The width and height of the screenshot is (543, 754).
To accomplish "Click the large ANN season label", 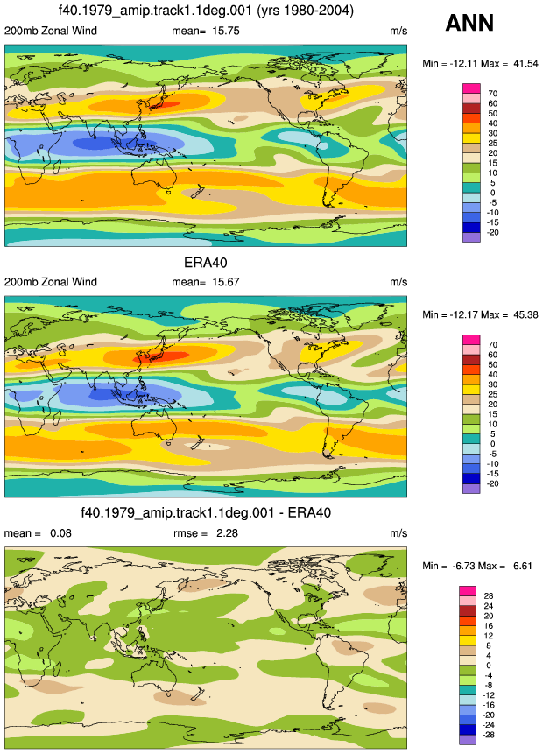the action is coord(469,23).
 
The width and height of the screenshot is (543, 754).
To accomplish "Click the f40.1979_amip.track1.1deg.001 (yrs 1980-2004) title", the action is coord(206,11).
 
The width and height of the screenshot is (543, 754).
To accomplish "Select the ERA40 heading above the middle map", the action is coord(205,263).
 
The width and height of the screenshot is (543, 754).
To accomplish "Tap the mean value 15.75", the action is coord(226,31).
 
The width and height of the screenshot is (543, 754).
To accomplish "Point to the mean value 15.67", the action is coord(226,282).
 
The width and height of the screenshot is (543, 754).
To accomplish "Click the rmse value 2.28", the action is coord(227,533).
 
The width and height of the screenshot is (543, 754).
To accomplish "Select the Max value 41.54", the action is coord(525,63).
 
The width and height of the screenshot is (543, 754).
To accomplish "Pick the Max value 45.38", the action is coord(525,314).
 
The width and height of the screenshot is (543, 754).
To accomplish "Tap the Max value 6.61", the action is coord(522,566).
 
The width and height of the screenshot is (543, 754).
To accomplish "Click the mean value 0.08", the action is coord(60,533).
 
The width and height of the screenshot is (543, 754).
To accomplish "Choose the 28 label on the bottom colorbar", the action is coord(488,595).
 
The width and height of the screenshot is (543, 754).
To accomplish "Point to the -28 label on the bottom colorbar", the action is coord(488,735).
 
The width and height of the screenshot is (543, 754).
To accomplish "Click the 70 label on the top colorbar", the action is coord(492,94).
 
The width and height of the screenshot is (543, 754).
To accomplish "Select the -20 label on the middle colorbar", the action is coord(492,483).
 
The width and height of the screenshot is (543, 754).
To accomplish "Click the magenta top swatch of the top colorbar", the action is coord(471,88).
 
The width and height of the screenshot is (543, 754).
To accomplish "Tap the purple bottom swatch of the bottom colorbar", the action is coord(468,740).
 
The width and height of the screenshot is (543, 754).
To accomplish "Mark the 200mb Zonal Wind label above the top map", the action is coord(51,31).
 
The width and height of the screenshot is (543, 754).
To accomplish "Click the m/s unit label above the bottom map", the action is coord(398,533).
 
